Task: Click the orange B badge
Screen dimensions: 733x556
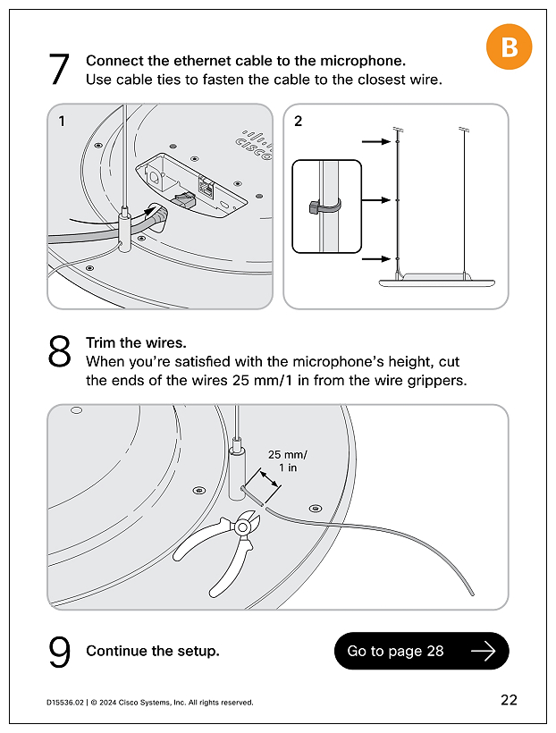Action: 509,46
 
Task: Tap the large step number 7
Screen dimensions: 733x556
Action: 59,70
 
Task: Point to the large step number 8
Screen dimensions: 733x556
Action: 59,352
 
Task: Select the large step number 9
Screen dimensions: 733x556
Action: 59,652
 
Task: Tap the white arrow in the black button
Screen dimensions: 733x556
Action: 483,651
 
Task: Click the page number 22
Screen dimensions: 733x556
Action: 509,700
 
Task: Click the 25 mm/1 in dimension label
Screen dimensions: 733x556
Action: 288,460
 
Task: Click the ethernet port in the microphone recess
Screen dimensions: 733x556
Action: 206,189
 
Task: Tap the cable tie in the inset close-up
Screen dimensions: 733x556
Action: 324,207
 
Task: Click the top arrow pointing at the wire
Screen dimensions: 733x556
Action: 375,141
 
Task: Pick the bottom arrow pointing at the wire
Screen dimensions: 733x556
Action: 375,259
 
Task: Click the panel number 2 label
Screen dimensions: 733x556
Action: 299,122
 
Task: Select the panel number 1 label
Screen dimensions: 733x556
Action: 62,122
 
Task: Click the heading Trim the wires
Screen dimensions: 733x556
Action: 136,342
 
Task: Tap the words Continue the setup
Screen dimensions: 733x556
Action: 152,651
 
